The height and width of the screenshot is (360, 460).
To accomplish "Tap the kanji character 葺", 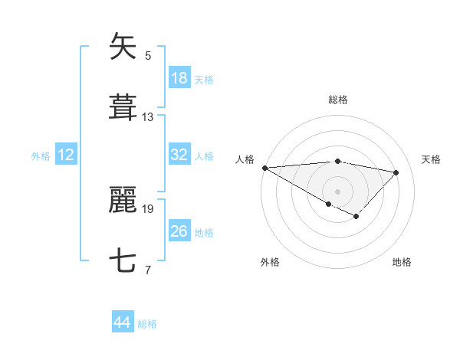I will pyautogui.click(x=123, y=108).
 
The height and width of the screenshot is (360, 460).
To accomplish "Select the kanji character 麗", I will pyautogui.click(x=123, y=200).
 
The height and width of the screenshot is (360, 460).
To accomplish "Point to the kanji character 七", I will pyautogui.click(x=123, y=261).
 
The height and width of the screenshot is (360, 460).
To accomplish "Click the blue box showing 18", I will pyautogui.click(x=179, y=78).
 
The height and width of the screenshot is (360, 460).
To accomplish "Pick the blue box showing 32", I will pyautogui.click(x=179, y=155).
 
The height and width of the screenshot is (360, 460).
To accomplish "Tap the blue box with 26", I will pyautogui.click(x=179, y=231).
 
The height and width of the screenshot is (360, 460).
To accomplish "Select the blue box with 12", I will pyautogui.click(x=66, y=155).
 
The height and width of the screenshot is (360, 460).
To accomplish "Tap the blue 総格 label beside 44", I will pyautogui.click(x=147, y=324).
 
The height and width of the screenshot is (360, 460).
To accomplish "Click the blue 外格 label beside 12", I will pyautogui.click(x=41, y=156).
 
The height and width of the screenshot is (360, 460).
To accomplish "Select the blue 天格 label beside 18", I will pyautogui.click(x=204, y=80).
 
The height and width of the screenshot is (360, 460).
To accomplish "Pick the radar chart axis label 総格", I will pyautogui.click(x=337, y=100).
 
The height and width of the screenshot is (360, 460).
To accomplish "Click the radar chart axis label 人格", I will pyautogui.click(x=245, y=159).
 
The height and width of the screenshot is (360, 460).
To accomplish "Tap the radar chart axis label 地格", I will pyautogui.click(x=402, y=262).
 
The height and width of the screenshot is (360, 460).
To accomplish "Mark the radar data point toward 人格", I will pyautogui.click(x=264, y=168).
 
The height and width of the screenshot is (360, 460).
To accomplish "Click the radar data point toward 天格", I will pyautogui.click(x=396, y=172).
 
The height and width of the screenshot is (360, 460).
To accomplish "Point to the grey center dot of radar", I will pyautogui.click(x=337, y=191).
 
